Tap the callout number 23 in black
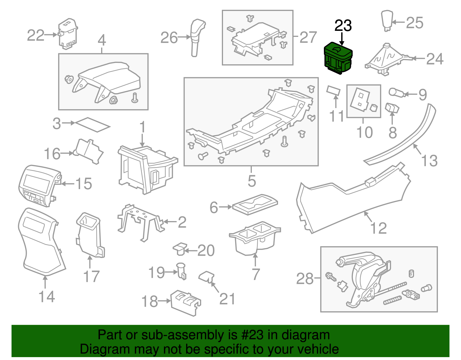(x=343, y=26)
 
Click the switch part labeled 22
(x=67, y=34)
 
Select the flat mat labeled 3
(x=92, y=124)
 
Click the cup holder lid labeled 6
(x=255, y=204)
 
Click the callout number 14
(x=47, y=297)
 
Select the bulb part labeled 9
(x=397, y=93)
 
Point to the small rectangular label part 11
(x=333, y=91)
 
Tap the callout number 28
(x=305, y=279)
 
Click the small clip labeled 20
(x=180, y=248)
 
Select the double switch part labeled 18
(x=185, y=302)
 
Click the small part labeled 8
(x=392, y=108)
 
